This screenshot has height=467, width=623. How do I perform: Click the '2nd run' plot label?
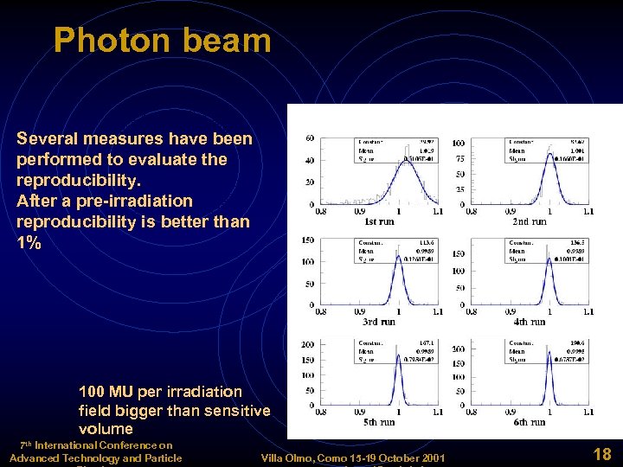coord(529,222)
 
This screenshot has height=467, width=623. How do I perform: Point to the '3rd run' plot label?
coord(380,322)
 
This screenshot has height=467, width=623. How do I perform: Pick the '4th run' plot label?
coord(529,322)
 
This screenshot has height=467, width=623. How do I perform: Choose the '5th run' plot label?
coord(379,422)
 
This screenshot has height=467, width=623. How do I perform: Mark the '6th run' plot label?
coord(529,422)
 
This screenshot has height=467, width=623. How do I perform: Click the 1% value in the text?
coord(29,243)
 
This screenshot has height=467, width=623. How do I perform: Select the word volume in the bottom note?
coord(106,428)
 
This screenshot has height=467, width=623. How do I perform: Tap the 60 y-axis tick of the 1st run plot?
coord(310,138)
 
